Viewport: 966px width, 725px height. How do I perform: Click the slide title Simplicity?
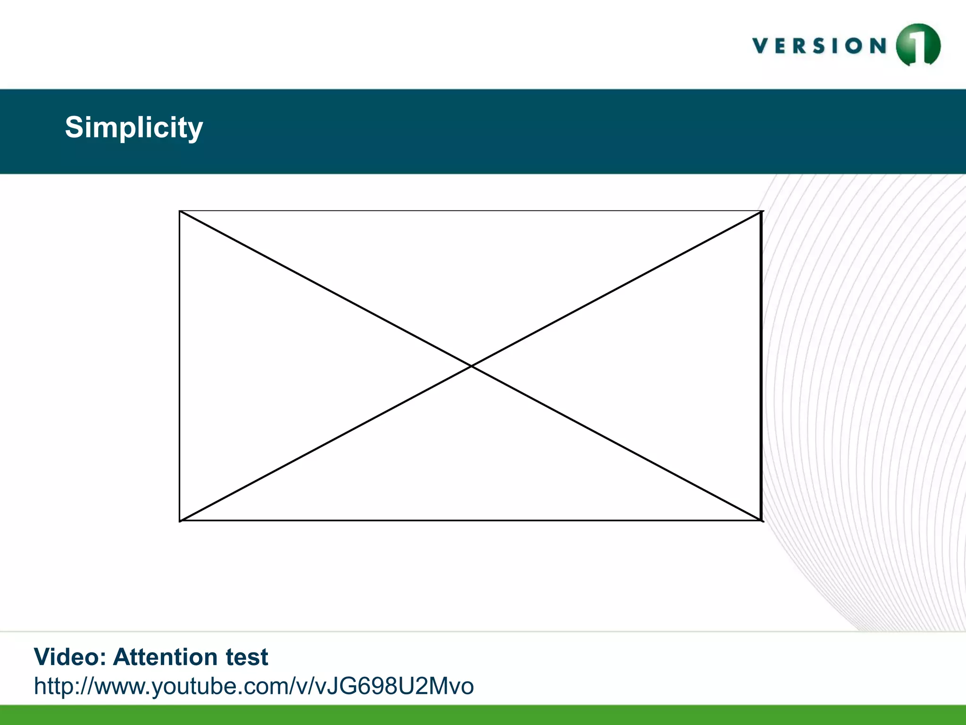click(134, 127)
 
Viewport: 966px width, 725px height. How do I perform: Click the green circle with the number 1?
click(918, 45)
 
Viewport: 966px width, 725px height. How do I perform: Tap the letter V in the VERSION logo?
click(761, 46)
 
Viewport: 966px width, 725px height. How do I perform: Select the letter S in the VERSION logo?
click(818, 46)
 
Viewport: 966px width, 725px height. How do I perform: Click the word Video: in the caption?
click(70, 657)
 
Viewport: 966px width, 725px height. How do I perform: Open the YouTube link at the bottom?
click(254, 686)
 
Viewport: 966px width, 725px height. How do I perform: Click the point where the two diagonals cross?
click(471, 366)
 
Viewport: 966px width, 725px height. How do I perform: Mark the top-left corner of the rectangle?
click(180, 211)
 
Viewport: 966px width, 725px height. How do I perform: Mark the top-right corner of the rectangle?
click(762, 211)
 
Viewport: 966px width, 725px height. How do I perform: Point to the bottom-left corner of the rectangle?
click(180, 521)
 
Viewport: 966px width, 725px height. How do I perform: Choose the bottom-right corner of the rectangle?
click(762, 521)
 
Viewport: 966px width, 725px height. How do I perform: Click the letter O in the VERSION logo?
click(854, 46)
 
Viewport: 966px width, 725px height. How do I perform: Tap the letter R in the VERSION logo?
click(799, 46)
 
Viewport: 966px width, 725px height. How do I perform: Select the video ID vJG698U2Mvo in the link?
click(394, 686)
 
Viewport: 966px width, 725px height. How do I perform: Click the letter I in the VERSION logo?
click(834, 46)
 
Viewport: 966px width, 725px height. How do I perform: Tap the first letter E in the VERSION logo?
click(781, 46)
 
